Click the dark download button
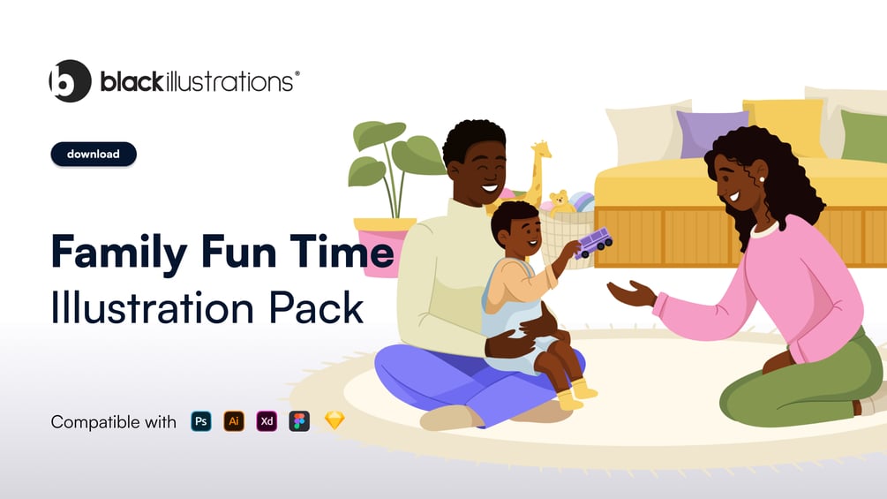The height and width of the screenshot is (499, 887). (94, 154)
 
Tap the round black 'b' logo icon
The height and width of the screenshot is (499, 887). (70, 81)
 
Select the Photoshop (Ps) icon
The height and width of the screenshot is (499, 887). (201, 421)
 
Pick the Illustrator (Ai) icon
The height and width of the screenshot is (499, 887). (234, 421)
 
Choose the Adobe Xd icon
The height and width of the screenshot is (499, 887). (267, 421)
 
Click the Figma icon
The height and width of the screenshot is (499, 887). (299, 421)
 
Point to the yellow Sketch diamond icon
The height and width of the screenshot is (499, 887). (335, 420)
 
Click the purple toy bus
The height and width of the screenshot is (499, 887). (593, 242)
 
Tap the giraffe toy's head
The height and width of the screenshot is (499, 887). (541, 149)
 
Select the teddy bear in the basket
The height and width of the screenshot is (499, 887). (560, 202)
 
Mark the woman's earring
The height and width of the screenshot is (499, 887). (762, 179)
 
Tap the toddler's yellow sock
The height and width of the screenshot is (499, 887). (583, 389)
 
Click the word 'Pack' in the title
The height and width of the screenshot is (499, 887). (316, 308)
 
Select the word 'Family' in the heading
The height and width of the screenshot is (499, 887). (119, 253)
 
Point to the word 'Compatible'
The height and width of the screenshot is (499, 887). (87, 422)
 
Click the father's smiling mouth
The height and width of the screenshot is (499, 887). (490, 188)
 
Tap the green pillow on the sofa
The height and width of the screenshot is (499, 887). (863, 136)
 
